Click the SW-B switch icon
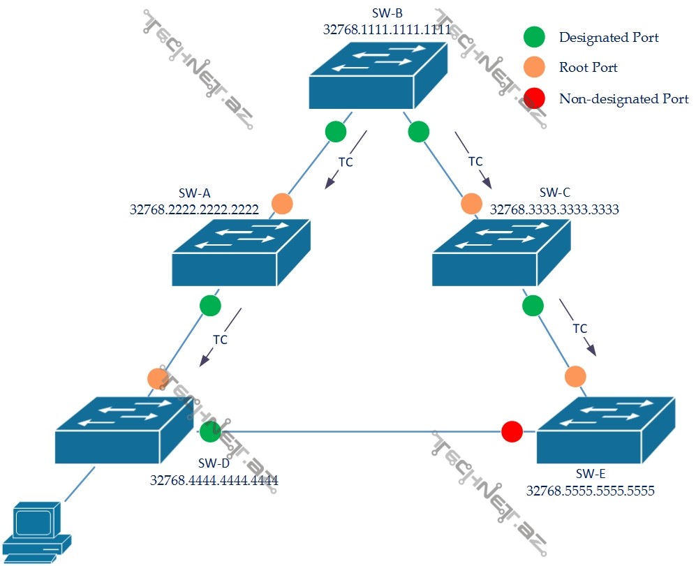377,77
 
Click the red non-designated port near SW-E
512,431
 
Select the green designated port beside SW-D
210,431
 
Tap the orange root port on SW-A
282,203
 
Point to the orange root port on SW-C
471,204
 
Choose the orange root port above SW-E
575,376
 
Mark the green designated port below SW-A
210,305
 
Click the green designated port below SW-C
533,305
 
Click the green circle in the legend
534,37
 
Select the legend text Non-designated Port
623,98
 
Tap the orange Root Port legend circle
534,68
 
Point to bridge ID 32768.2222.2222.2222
194,208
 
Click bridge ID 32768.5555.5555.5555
590,491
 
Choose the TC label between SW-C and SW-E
579,328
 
